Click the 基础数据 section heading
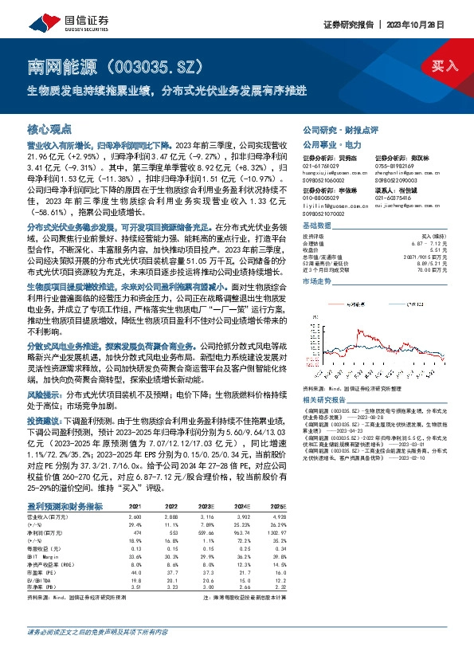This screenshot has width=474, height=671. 317,227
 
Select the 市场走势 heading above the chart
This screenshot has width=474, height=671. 317,281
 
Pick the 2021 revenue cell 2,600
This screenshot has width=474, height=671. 135,517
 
